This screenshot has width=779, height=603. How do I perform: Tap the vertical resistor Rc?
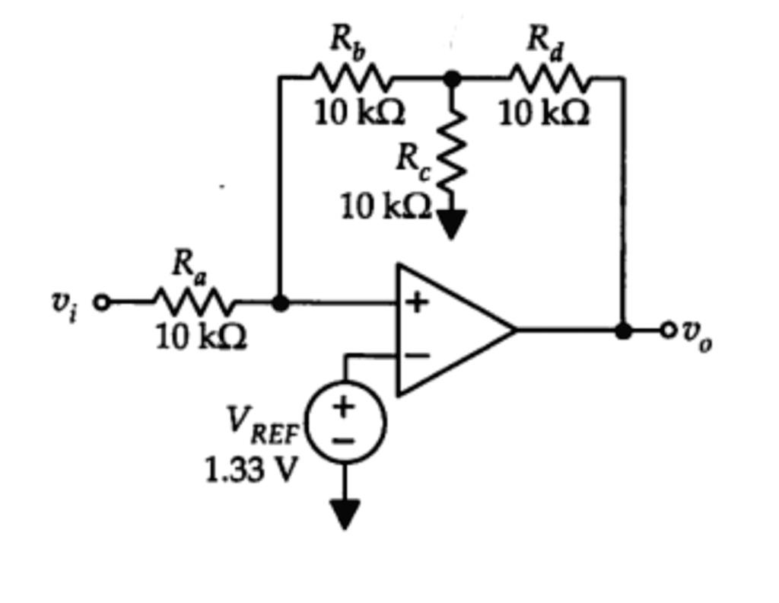(x=451, y=148)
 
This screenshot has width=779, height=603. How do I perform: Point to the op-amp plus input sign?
(x=416, y=302)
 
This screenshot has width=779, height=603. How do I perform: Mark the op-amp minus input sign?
(x=416, y=355)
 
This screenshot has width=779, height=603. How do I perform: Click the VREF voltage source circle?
(x=345, y=423)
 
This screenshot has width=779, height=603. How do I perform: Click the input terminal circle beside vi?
(x=102, y=303)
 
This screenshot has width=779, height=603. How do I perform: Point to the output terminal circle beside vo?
(x=668, y=330)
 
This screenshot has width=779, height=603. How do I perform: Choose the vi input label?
(x=64, y=305)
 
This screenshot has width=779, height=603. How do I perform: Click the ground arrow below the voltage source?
(x=345, y=514)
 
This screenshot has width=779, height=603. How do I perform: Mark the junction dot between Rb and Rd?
(x=451, y=78)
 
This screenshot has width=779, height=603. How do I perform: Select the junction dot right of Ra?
(x=280, y=303)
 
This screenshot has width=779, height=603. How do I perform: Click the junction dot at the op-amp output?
(x=623, y=330)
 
